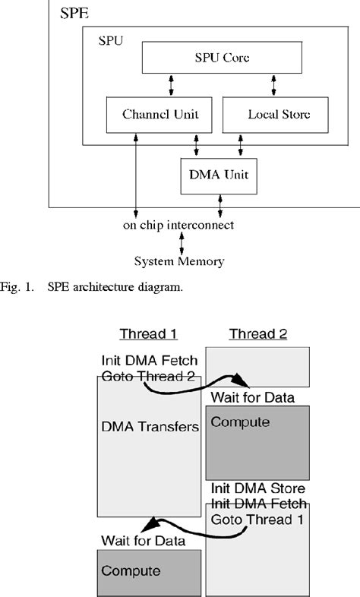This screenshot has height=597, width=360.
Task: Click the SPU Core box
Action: pos(222,58)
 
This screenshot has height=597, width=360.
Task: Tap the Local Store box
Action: pos(276,115)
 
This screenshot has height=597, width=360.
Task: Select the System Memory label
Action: pos(179,261)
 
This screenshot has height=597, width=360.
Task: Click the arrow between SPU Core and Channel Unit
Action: pos(172,85)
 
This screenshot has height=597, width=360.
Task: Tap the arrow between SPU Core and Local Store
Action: pos(271,85)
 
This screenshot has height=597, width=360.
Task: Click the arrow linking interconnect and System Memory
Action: pos(181,243)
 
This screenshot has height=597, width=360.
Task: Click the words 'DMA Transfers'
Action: pos(150,427)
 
